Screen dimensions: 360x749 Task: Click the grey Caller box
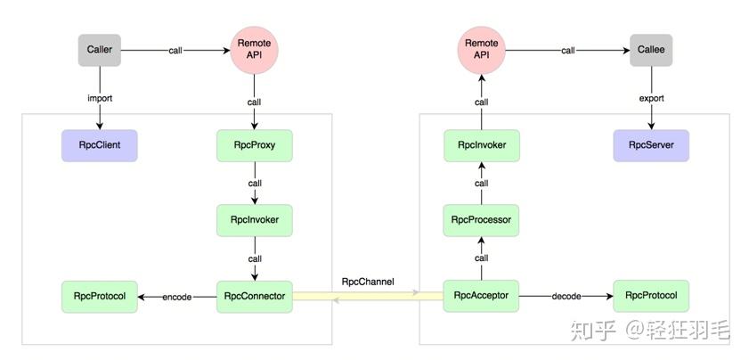point(99,50)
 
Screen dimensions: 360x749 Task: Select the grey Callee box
point(648,50)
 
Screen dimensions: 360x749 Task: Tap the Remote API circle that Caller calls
point(255,50)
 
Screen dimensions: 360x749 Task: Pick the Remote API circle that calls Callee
point(481,50)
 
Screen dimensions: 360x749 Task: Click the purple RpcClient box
point(99,144)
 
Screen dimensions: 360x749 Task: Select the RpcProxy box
point(255,144)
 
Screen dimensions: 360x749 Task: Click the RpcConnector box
point(255,296)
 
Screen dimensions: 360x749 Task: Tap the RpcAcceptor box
point(481,296)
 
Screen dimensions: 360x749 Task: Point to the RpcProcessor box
point(481,220)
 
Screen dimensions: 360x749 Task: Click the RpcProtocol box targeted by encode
point(99,296)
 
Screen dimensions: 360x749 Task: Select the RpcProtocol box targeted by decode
point(651,296)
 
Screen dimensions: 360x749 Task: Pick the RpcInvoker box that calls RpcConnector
point(255,220)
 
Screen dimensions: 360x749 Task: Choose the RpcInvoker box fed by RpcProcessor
point(481,144)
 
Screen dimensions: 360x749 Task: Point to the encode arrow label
point(177,297)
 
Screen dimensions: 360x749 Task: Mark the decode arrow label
point(567,297)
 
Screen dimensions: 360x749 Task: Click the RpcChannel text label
point(368,282)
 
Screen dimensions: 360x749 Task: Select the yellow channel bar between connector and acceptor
point(368,297)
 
